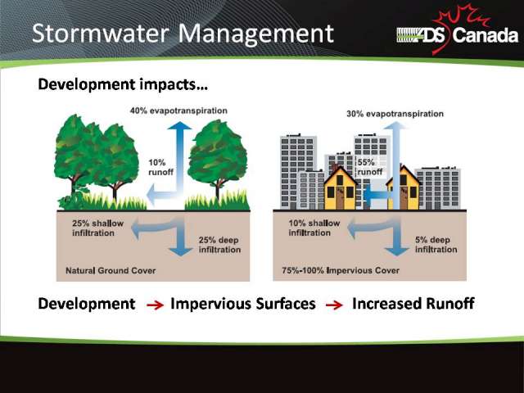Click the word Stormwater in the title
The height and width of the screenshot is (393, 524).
point(100,34)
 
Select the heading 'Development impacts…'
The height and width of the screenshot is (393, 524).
point(123,84)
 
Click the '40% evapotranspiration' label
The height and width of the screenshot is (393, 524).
point(178,111)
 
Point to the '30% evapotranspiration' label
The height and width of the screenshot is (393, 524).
point(395,114)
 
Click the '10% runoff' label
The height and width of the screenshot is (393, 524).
point(160,167)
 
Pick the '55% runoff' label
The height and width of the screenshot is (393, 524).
point(370,167)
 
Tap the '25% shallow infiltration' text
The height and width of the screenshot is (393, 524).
point(98,228)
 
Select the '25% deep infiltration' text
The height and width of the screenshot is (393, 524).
point(219,245)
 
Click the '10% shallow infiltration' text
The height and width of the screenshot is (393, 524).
point(314,228)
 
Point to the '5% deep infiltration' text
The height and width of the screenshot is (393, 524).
point(436,245)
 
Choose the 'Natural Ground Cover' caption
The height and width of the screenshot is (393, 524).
point(111,270)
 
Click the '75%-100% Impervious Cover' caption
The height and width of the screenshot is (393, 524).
point(341,270)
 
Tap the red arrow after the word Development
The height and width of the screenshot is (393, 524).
point(155,305)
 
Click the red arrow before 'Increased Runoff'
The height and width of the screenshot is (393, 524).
point(334,305)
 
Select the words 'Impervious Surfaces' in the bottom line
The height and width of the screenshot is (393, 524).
point(243,304)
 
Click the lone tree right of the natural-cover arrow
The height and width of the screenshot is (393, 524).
point(218,160)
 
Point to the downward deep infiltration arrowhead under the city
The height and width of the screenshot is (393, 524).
point(396,251)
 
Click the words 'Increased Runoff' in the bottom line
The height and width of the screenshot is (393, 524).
point(413,304)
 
